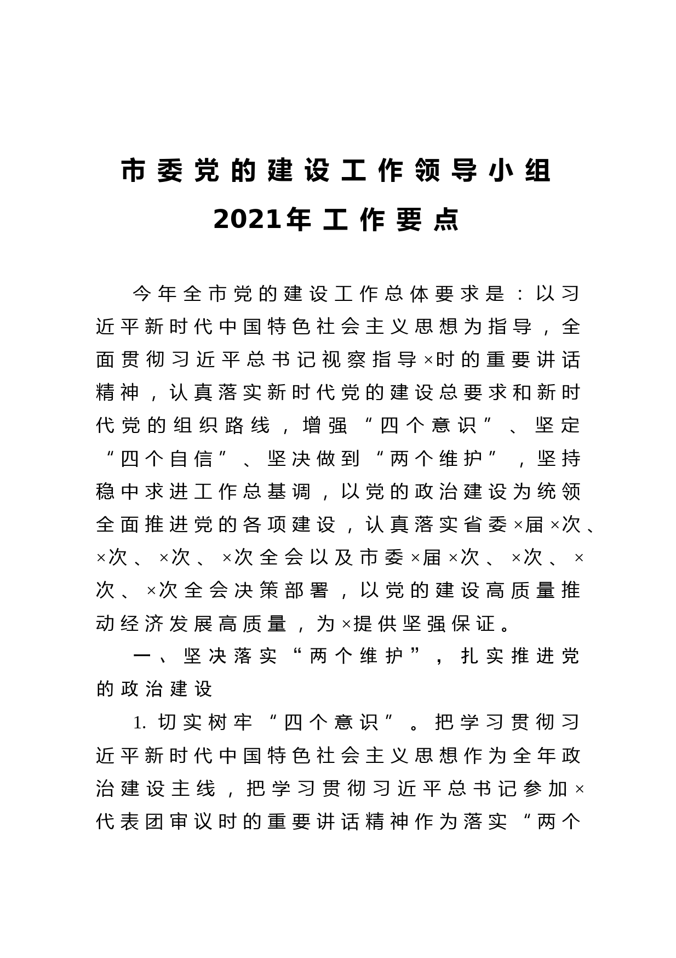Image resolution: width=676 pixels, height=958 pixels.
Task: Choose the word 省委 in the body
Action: [x=485, y=524]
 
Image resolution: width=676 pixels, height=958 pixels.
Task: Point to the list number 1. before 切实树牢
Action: [x=140, y=723]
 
